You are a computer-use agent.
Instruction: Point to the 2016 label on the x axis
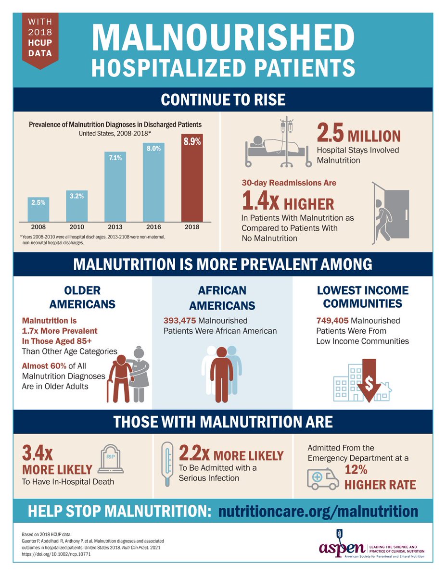[153, 226]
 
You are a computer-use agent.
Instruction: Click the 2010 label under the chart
[76, 226]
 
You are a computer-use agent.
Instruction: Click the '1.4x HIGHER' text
[287, 202]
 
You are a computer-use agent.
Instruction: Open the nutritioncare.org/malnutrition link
[319, 511]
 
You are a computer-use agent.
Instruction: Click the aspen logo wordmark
[342, 549]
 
